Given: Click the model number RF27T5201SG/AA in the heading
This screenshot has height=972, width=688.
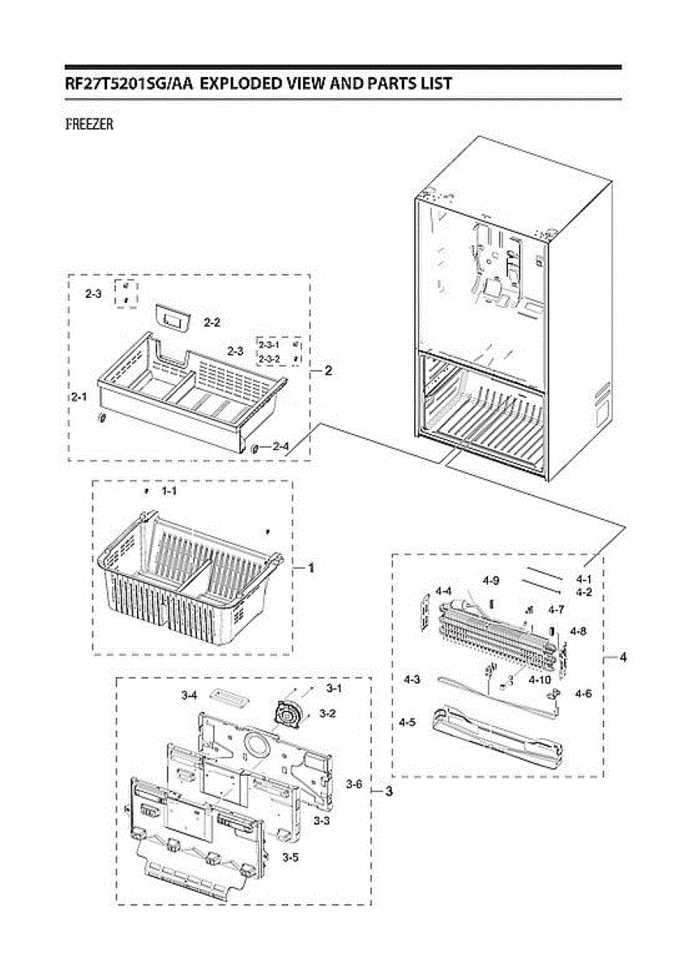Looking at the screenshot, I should [128, 83].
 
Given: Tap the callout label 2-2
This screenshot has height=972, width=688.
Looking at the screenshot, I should [212, 322].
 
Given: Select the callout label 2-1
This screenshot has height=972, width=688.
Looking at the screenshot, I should [79, 398].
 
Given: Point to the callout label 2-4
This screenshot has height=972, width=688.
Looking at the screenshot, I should [280, 446].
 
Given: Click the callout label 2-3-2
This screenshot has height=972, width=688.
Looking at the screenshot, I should [269, 358].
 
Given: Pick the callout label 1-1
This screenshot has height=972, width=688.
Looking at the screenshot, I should [169, 491].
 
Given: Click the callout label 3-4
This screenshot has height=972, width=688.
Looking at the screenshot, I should [190, 695].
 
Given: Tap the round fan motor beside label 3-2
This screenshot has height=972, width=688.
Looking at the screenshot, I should [287, 714].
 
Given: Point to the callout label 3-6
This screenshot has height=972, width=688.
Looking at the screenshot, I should [353, 784].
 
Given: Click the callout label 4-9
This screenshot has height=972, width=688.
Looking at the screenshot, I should [490, 580].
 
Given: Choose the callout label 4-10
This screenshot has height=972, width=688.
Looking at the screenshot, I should [539, 680].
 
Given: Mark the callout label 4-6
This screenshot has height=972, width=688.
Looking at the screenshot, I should [582, 693].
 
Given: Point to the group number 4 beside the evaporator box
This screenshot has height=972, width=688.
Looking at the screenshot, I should [622, 658].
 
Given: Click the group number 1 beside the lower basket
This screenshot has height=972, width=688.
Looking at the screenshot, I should [310, 569].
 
